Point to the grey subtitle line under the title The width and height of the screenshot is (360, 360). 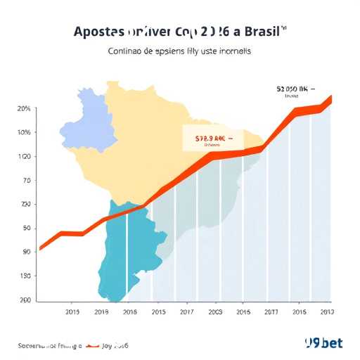[179, 51]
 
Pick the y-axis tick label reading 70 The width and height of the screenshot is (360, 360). [26, 181]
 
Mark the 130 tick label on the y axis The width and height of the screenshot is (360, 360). [25, 276]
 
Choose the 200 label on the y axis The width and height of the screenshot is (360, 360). [25, 300]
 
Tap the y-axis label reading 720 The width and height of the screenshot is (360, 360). [25, 205]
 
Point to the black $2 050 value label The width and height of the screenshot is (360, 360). [292, 90]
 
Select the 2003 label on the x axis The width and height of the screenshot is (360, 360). [215, 311]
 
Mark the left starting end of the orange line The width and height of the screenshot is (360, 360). [40, 248]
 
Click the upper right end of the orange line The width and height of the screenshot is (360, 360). [330, 98]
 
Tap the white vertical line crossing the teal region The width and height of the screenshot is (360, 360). [127, 253]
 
